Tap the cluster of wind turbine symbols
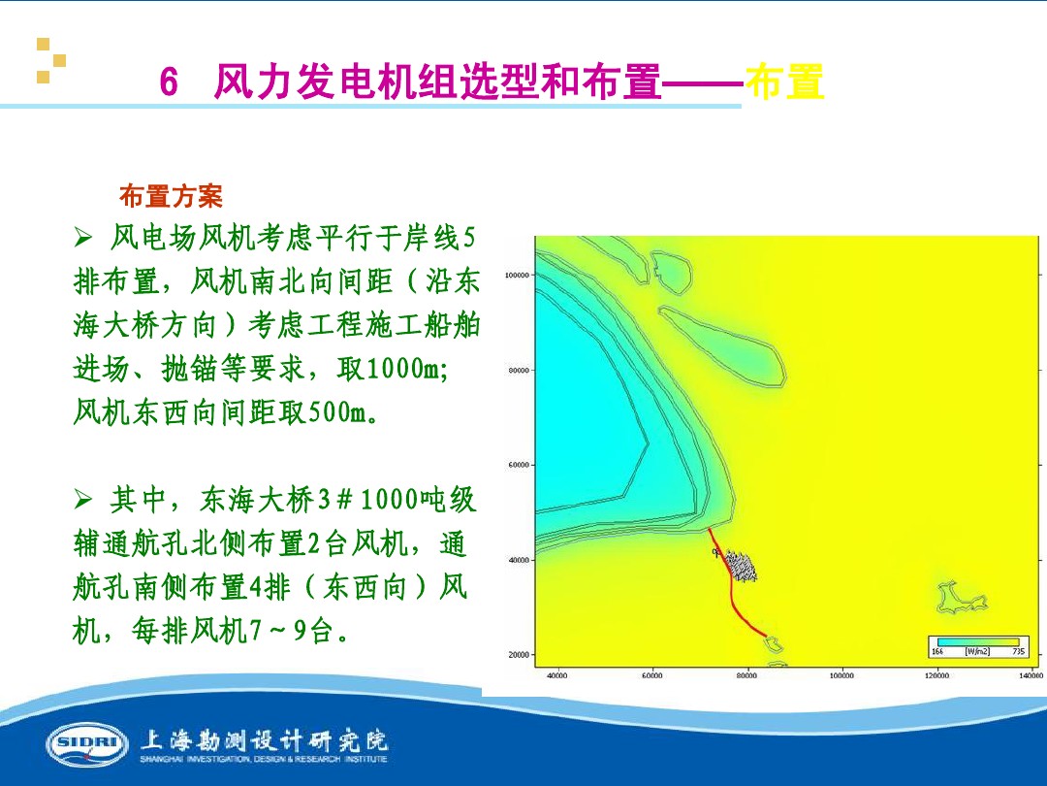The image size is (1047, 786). [741, 566]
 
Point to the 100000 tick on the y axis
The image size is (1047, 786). [519, 275]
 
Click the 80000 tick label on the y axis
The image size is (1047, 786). [519, 370]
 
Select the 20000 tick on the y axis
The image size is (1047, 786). [519, 655]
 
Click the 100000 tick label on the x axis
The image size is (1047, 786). [841, 674]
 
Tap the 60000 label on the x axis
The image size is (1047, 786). [651, 674]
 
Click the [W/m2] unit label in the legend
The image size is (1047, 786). [976, 651]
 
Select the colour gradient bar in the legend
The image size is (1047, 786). [975, 642]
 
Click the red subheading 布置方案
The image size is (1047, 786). [171, 197]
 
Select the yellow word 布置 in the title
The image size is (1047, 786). [785, 82]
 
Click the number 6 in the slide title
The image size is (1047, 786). [169, 83]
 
